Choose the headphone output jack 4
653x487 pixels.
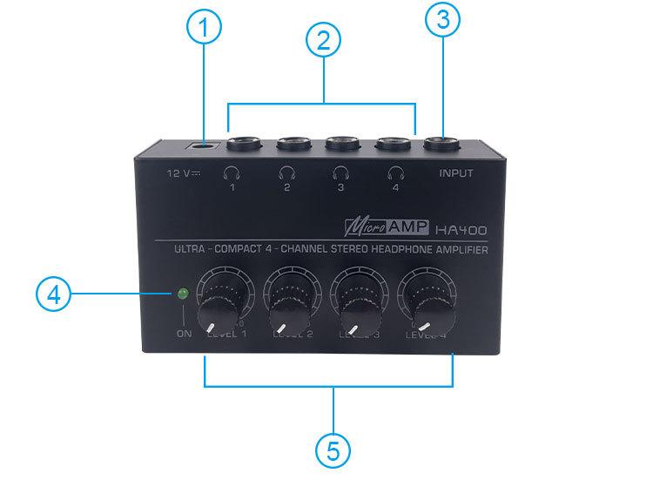pos(392,143)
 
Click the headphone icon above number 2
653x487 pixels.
pos(286,172)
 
